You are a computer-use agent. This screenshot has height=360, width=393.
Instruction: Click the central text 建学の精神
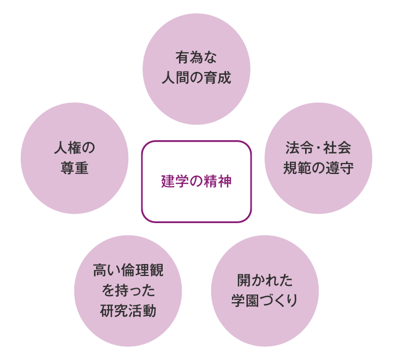pos(196,181)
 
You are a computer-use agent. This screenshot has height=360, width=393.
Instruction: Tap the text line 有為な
pos(196,57)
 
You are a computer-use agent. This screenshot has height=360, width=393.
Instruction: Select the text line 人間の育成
pos(196,77)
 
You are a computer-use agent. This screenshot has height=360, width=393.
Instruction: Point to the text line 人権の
pos(74,148)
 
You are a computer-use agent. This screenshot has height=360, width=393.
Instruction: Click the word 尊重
pos(74,167)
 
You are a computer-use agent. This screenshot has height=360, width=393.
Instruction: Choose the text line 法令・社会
pos(318,148)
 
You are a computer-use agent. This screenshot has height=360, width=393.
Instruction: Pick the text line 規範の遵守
pos(318,167)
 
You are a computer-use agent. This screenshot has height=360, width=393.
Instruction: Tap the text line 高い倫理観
pos(128,270)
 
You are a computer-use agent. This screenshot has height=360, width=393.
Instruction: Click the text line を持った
pos(128,290)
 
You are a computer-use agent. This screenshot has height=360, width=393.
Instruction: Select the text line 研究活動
pos(128,311)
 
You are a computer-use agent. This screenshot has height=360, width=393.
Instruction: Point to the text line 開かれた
pos(265,280)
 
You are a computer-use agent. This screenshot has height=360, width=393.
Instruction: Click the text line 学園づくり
pos(265,301)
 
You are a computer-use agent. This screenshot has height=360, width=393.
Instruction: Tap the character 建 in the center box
pos(168,181)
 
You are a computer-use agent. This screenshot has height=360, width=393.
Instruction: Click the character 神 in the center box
pos(225,181)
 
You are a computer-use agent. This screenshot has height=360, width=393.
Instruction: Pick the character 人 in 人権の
pos(61,148)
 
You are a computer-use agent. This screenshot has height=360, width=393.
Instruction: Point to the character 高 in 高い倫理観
pos(100,270)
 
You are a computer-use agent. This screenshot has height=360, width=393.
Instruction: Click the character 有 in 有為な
pos(182,57)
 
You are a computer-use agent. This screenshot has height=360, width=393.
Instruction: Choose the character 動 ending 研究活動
pos(150,311)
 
